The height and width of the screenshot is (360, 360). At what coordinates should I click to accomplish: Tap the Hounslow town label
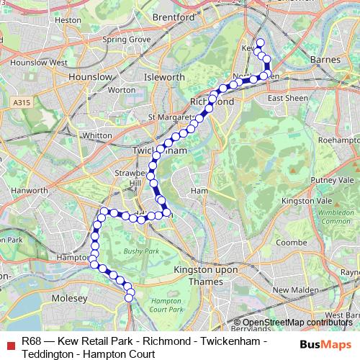89,76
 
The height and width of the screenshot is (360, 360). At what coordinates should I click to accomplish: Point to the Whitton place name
98,135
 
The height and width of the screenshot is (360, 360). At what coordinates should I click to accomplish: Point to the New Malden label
291,289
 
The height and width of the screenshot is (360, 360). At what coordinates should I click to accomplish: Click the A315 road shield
22,103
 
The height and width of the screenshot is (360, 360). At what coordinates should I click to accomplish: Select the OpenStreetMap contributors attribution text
297,323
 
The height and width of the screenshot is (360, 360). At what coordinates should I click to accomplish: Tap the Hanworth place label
30,190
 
